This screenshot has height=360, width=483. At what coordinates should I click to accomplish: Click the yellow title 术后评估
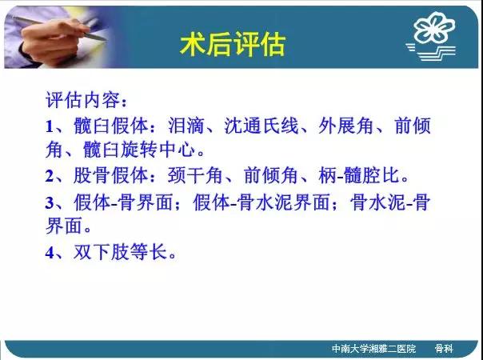233,45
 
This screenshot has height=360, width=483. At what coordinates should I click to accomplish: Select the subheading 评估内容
82,99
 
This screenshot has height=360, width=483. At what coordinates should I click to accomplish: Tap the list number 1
50,126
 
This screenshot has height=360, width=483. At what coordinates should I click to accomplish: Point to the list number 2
50,176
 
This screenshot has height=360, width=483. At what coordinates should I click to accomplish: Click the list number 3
50,202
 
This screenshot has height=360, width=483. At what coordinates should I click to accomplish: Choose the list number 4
50,253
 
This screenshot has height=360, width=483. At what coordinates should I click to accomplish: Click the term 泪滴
186,126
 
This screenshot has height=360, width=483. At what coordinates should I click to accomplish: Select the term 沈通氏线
261,126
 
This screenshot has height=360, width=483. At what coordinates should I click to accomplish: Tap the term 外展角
346,126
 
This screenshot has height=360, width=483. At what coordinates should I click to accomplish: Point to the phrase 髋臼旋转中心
139,149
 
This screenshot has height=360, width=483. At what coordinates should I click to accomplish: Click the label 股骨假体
110,176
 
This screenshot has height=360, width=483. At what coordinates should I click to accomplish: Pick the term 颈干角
195,176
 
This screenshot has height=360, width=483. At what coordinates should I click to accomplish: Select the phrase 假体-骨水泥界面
261,202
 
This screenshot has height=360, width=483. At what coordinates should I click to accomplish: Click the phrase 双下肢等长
121,252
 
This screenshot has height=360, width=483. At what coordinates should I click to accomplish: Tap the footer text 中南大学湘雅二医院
373,349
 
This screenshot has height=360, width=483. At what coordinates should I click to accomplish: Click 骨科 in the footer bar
444,349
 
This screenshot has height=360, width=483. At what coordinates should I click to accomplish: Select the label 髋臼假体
110,126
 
